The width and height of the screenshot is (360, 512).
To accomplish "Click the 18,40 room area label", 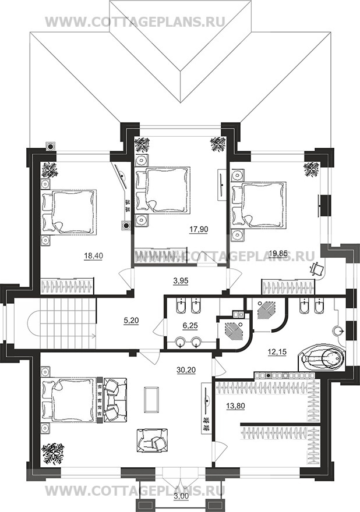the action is click(94, 257).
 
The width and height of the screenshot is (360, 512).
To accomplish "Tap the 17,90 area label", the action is click(199, 230).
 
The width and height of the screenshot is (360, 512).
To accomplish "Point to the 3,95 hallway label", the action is click(180, 280).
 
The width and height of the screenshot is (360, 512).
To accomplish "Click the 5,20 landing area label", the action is click(132, 321).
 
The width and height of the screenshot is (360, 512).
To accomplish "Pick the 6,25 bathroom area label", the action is click(190, 326).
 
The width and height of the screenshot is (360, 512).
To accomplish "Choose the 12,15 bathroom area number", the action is click(277, 353).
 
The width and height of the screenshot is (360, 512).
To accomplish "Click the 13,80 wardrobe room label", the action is click(235, 406).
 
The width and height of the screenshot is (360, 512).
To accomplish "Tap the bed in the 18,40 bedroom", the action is click(69, 212).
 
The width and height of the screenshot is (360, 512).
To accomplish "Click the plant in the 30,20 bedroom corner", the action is click(52, 454).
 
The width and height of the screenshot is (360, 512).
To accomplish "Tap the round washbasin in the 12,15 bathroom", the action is click(339, 331).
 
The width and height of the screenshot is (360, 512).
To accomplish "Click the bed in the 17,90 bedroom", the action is click(163, 190).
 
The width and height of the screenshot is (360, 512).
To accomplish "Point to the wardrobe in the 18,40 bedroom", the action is click(67, 286).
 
